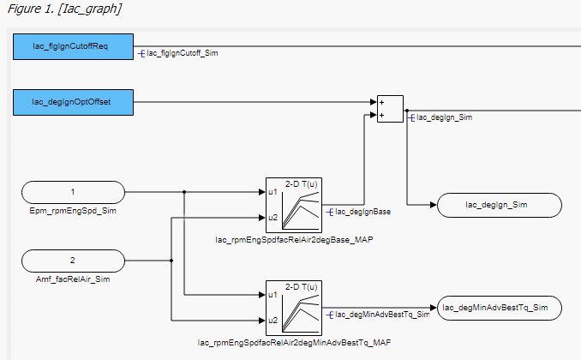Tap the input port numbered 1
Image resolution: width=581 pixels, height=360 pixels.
pyautogui.click(x=73, y=192)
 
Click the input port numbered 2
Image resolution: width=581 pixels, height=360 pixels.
pyautogui.click(x=73, y=261)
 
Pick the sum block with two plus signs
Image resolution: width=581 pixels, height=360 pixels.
pyautogui.click(x=390, y=109)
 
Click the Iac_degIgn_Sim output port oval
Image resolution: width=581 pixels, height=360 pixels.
pyautogui.click(x=499, y=205)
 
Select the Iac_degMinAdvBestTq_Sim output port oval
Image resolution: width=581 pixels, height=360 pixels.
pyautogui.click(x=499, y=307)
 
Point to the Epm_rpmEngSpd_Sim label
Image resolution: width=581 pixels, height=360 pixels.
pyautogui.click(x=73, y=211)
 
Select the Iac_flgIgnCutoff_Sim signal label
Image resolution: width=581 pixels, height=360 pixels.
pyautogui.click(x=182, y=53)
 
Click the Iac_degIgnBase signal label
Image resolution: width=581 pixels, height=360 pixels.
pyautogui.click(x=362, y=211)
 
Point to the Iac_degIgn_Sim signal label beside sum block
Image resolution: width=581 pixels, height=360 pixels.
pyautogui.click(x=445, y=117)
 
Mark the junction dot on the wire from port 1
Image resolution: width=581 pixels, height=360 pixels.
pyautogui.click(x=185, y=192)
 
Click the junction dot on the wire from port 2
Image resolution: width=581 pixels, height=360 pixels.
pyautogui.click(x=172, y=261)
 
